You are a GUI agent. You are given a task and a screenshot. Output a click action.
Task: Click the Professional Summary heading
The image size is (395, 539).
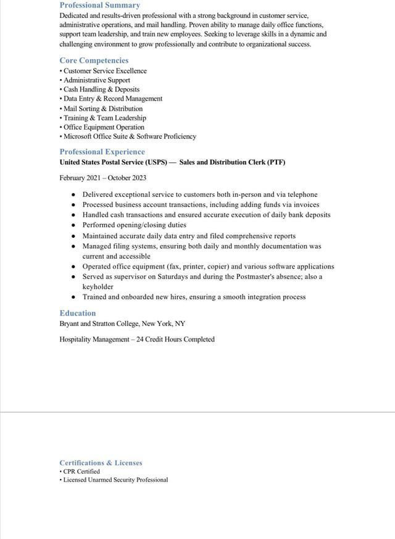pyautogui.click(x=99, y=5)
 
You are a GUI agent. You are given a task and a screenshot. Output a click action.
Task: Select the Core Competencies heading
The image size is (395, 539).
pyautogui.click(x=94, y=61)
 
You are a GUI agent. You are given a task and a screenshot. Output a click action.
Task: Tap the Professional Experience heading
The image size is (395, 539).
pyautogui.click(x=102, y=152)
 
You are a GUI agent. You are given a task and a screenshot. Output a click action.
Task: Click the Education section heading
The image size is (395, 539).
pyautogui.click(x=78, y=313)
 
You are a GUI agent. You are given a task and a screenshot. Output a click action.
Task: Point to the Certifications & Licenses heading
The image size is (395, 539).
pyautogui.click(x=101, y=462)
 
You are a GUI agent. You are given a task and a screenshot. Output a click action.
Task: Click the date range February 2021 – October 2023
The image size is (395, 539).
pyautogui.click(x=102, y=178)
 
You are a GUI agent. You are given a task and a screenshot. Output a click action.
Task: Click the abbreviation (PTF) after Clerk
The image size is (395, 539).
pyautogui.click(x=276, y=162)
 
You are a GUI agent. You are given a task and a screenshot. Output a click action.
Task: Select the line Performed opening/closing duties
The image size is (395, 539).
pyautogui.click(x=134, y=225)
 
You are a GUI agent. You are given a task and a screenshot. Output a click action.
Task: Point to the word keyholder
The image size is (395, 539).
pyautogui.click(x=98, y=286)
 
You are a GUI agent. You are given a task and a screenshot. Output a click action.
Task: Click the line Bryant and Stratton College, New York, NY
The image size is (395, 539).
pyautogui.click(x=122, y=324)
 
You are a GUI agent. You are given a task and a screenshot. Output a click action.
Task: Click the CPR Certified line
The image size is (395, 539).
pyautogui.click(x=81, y=471)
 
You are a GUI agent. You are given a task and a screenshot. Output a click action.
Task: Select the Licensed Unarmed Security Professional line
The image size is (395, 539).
pyautogui.click(x=115, y=480)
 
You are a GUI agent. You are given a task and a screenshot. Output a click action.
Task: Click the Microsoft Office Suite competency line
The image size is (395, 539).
pyautogui.click(x=129, y=136)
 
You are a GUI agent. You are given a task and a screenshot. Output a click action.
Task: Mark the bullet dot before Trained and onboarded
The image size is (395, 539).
pyautogui.click(x=73, y=297)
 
